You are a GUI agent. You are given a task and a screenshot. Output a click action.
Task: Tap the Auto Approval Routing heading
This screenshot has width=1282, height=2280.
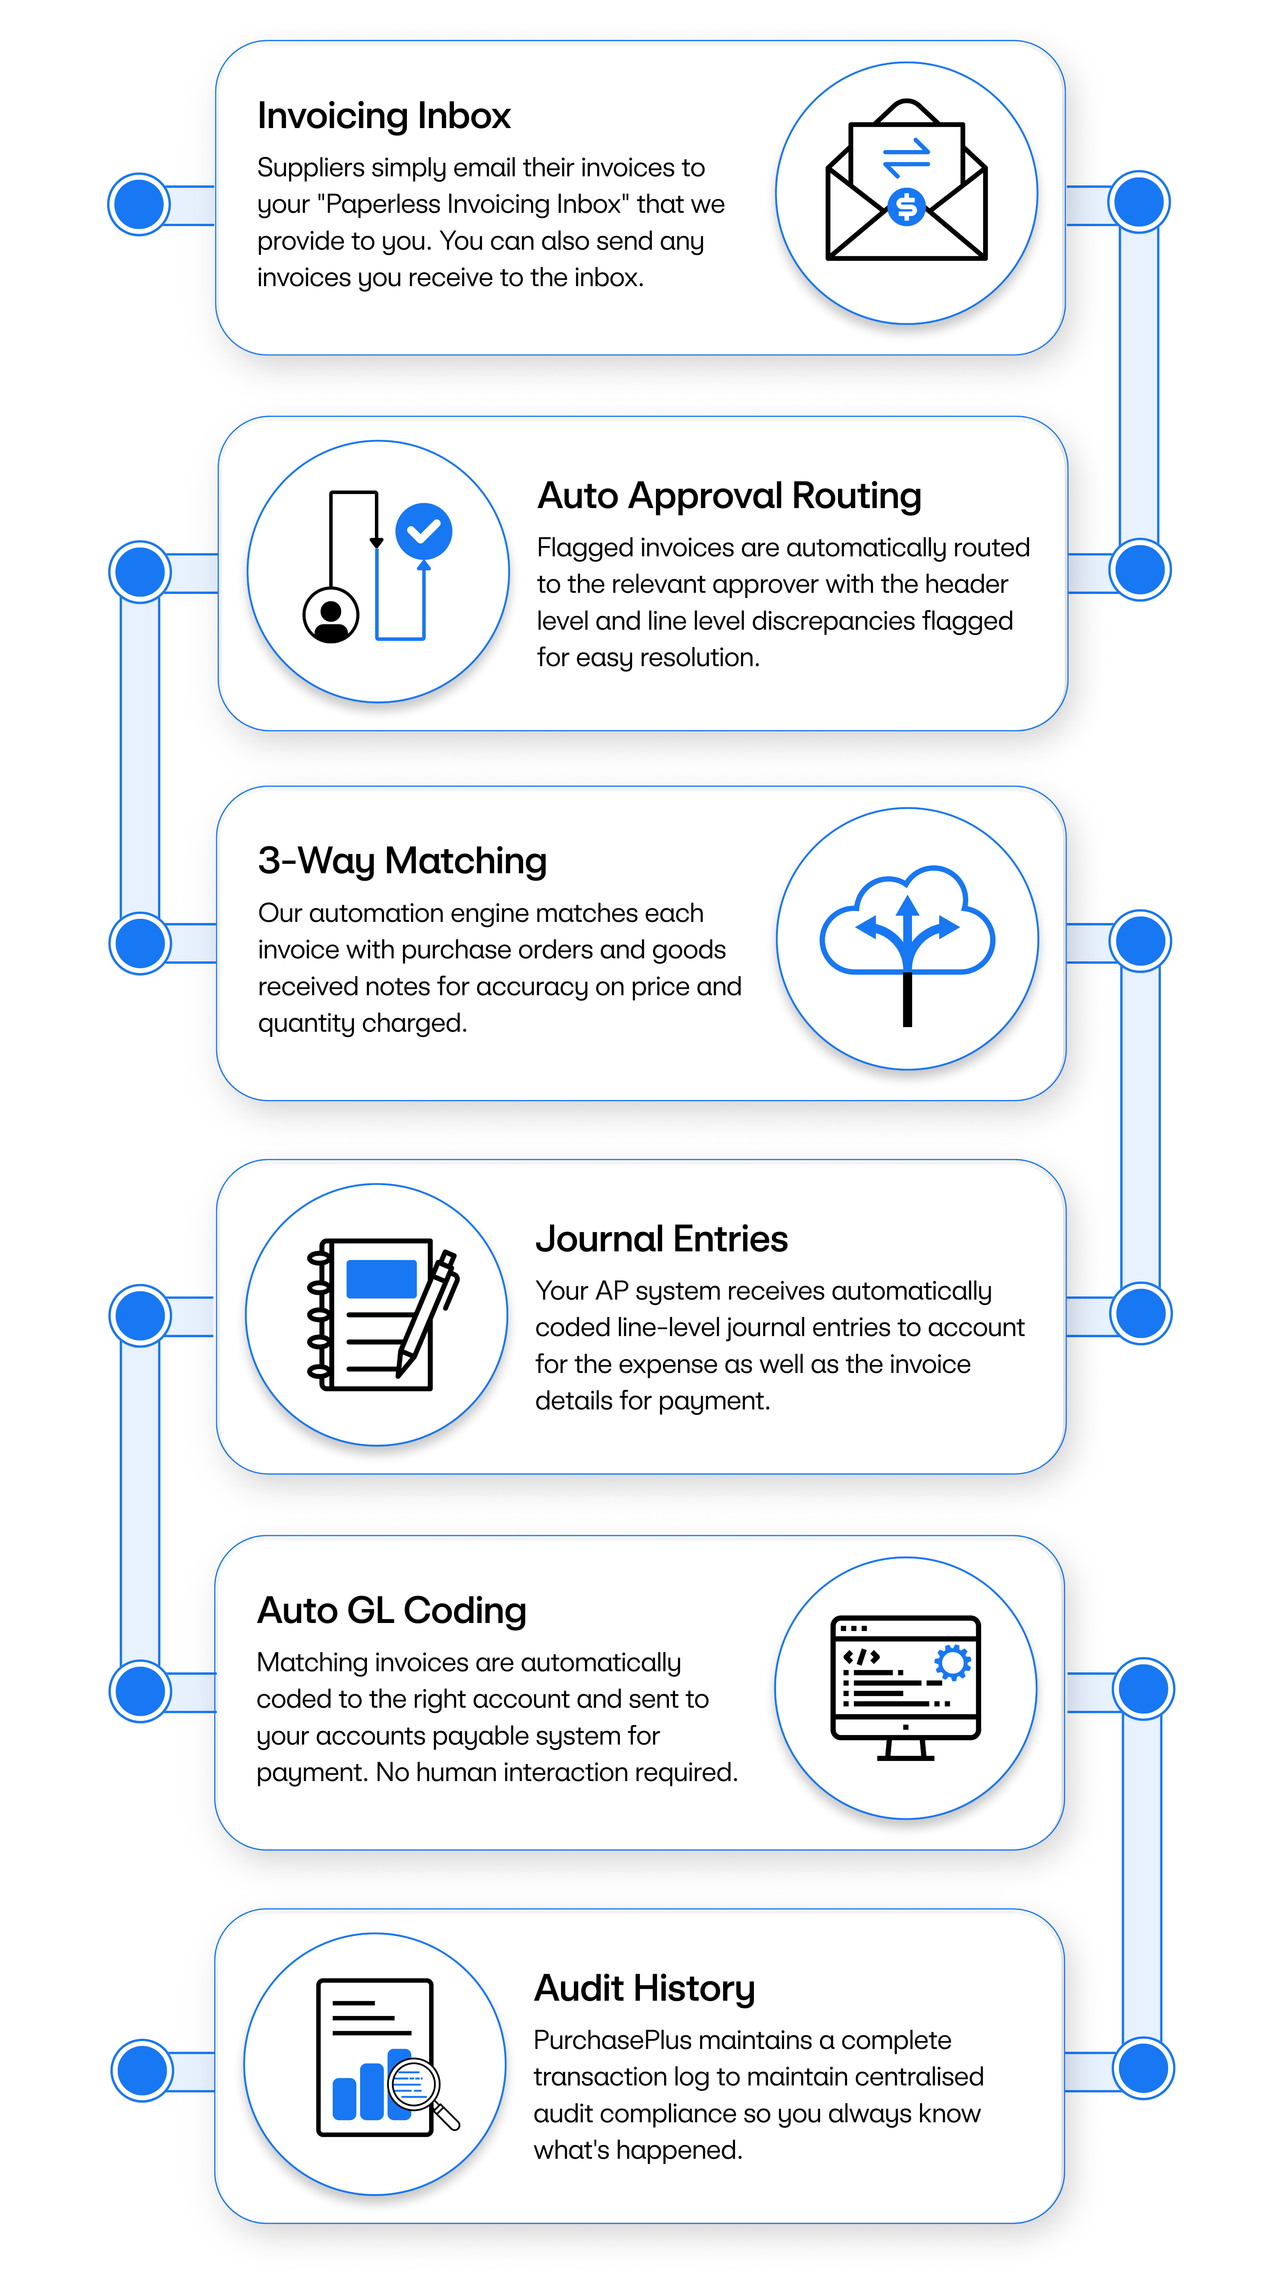click(x=729, y=496)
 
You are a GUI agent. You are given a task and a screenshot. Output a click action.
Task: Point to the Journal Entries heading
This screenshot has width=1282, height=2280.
click(x=661, y=1238)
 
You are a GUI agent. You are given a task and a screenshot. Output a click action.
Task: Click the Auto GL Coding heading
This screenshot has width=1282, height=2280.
click(x=391, y=1610)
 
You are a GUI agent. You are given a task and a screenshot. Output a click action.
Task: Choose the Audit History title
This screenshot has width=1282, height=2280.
click(x=644, y=1988)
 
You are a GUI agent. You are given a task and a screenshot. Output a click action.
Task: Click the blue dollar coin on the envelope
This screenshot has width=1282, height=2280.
click(x=906, y=207)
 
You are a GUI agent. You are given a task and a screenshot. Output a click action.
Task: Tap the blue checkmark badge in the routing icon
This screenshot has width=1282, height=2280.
click(x=424, y=531)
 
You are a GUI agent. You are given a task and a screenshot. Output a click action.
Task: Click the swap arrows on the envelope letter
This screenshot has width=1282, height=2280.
click(x=906, y=158)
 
